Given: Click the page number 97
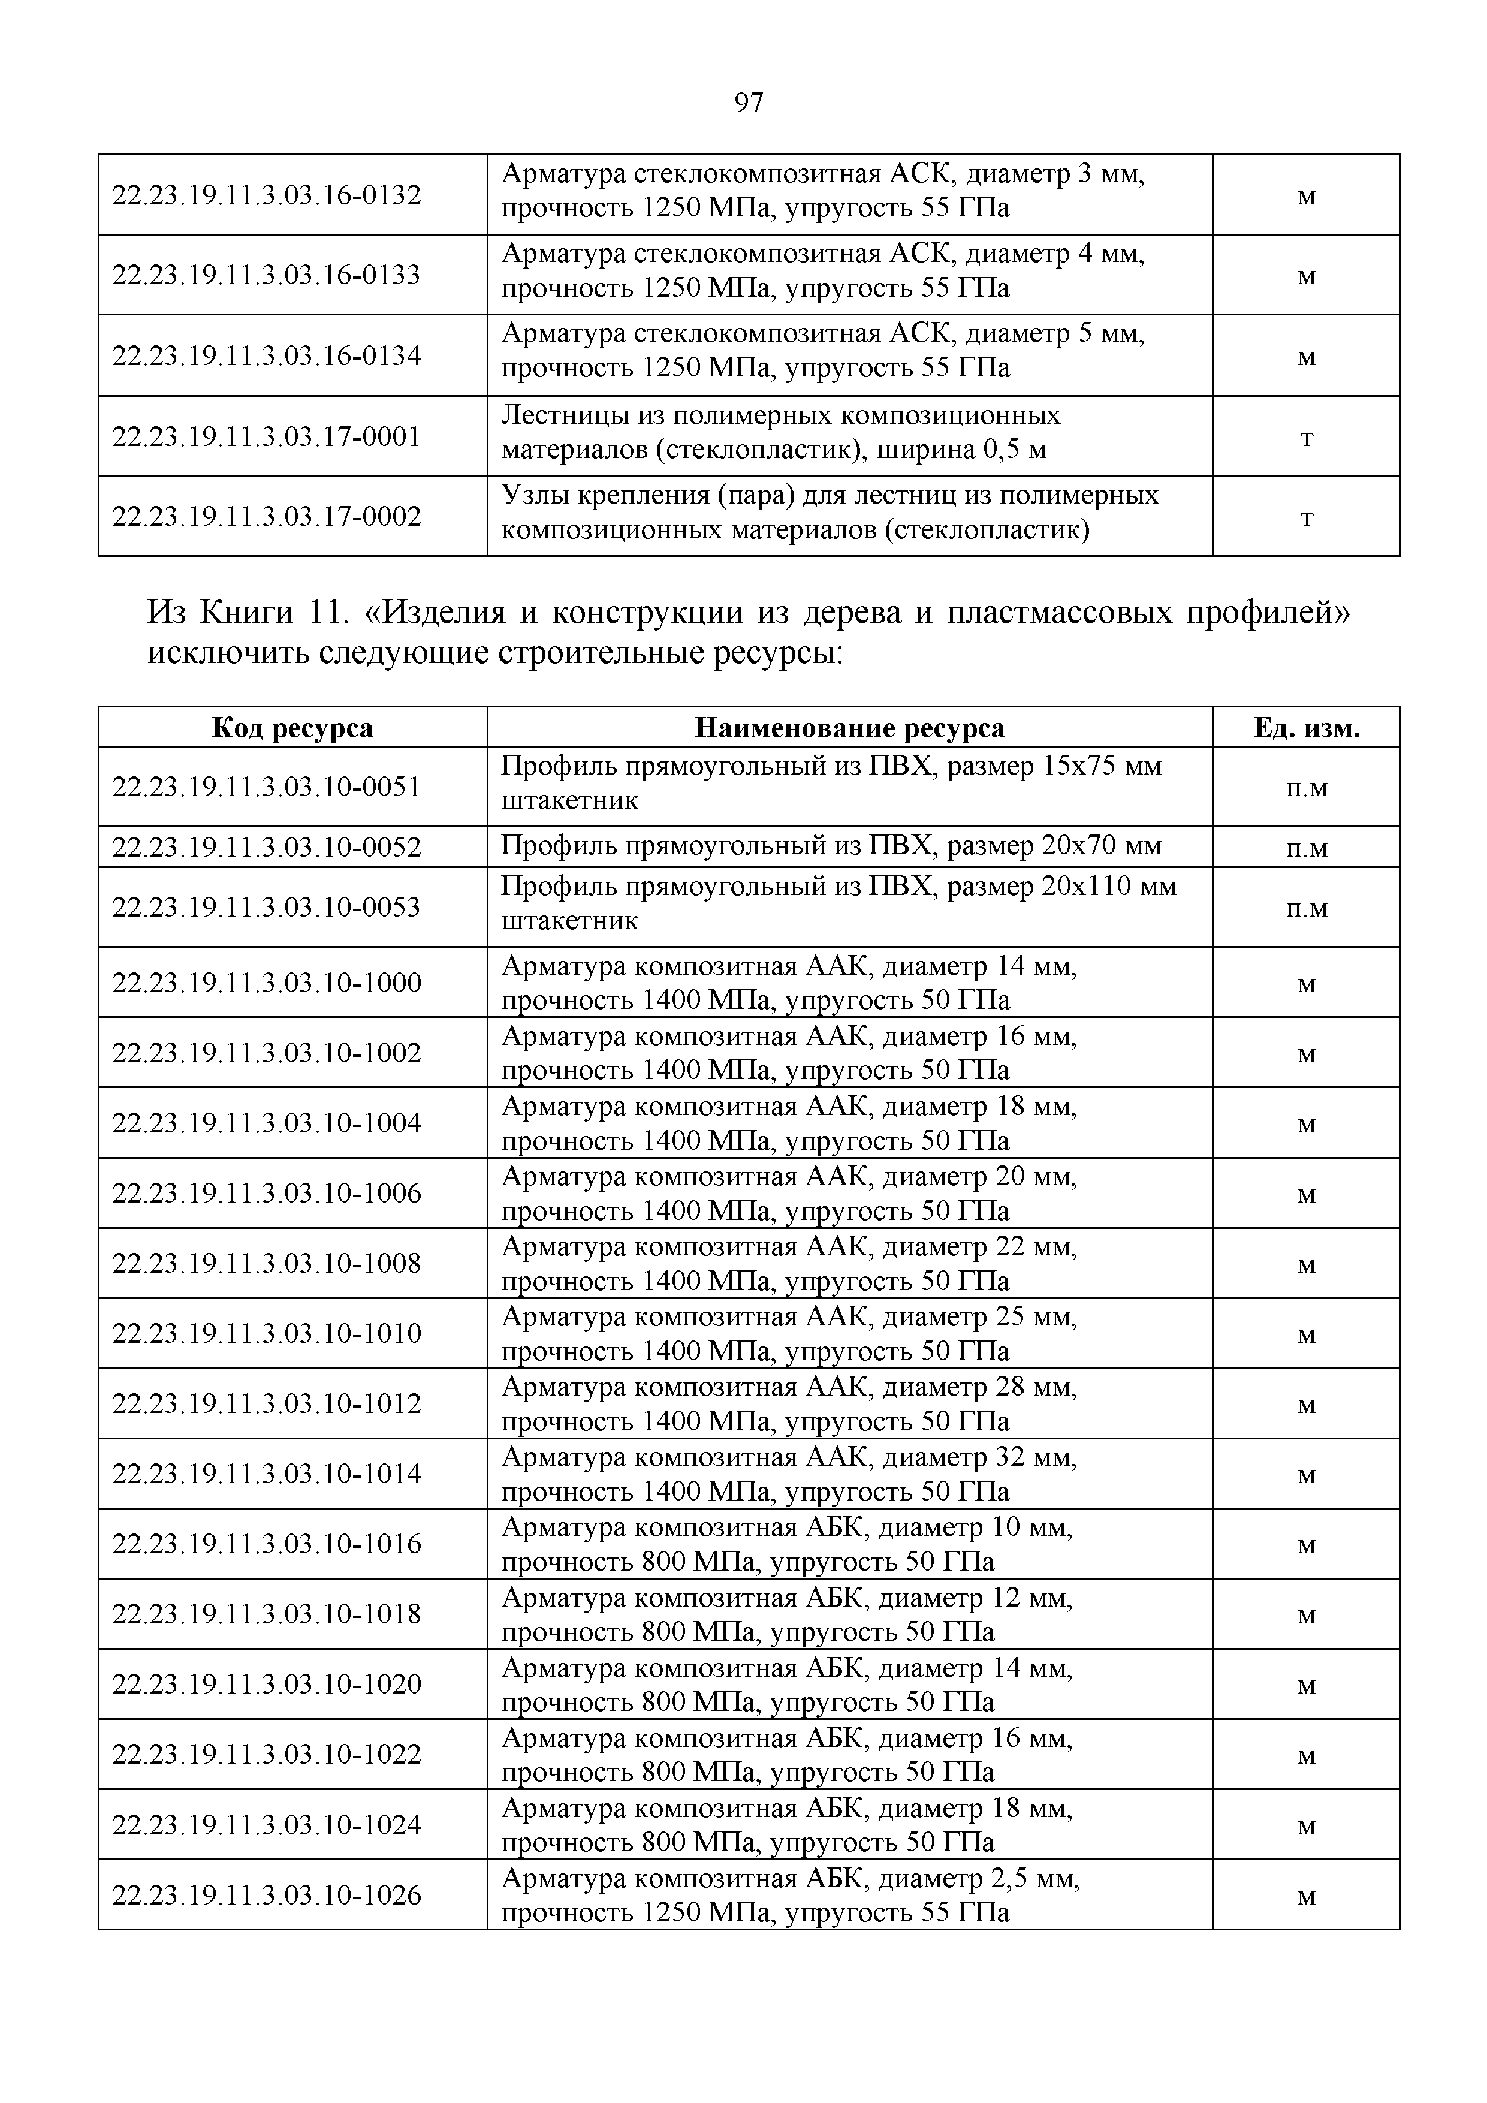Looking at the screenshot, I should coord(748,103).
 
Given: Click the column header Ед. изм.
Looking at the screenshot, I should coord(1306,728).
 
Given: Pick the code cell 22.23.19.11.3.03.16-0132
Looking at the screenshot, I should coord(267,195).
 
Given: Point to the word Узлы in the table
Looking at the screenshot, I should coord(533,496).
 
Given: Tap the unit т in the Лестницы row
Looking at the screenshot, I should coord(1307,438).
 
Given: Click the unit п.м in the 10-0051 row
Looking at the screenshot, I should coord(1307,788).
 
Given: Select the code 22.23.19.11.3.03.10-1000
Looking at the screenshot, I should coord(267,983).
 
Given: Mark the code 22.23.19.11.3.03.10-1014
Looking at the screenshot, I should coord(267,1474).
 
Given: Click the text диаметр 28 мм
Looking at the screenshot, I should coord(979,1388).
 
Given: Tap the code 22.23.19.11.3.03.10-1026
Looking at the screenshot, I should coord(267,1895).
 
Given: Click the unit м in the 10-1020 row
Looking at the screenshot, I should coord(1307,1685).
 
